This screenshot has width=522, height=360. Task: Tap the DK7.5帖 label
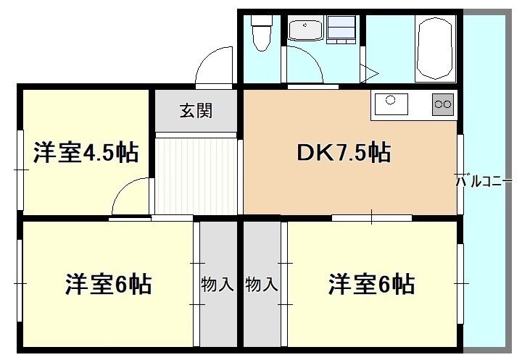(344, 153)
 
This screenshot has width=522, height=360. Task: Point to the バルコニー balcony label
(484, 181)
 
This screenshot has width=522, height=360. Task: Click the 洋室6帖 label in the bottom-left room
(109, 284)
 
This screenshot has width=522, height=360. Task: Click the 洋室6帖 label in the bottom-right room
(371, 284)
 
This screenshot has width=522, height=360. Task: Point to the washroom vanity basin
(305, 30)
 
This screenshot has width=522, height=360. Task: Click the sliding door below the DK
(371, 217)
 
